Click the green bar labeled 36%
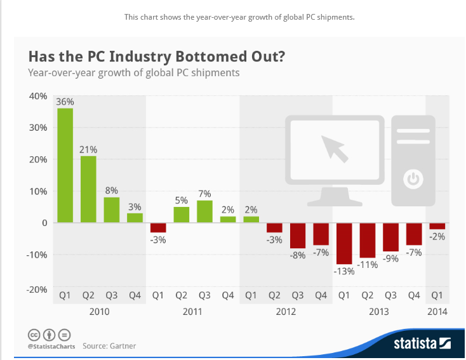(65, 165)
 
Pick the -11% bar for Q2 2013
(367, 240)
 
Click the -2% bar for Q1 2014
(437, 226)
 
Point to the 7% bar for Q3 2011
(204, 211)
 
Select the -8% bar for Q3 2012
(298, 236)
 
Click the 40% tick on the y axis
(37, 97)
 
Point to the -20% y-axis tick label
(36, 290)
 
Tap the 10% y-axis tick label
(37, 191)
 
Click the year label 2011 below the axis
(192, 312)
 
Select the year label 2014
(437, 312)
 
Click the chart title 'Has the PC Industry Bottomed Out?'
(156, 57)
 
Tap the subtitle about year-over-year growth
(133, 72)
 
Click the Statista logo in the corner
(422, 343)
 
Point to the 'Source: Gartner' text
(109, 346)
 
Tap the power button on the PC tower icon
(414, 179)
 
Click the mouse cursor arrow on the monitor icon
(335, 147)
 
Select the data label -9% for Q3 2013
(390, 259)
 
